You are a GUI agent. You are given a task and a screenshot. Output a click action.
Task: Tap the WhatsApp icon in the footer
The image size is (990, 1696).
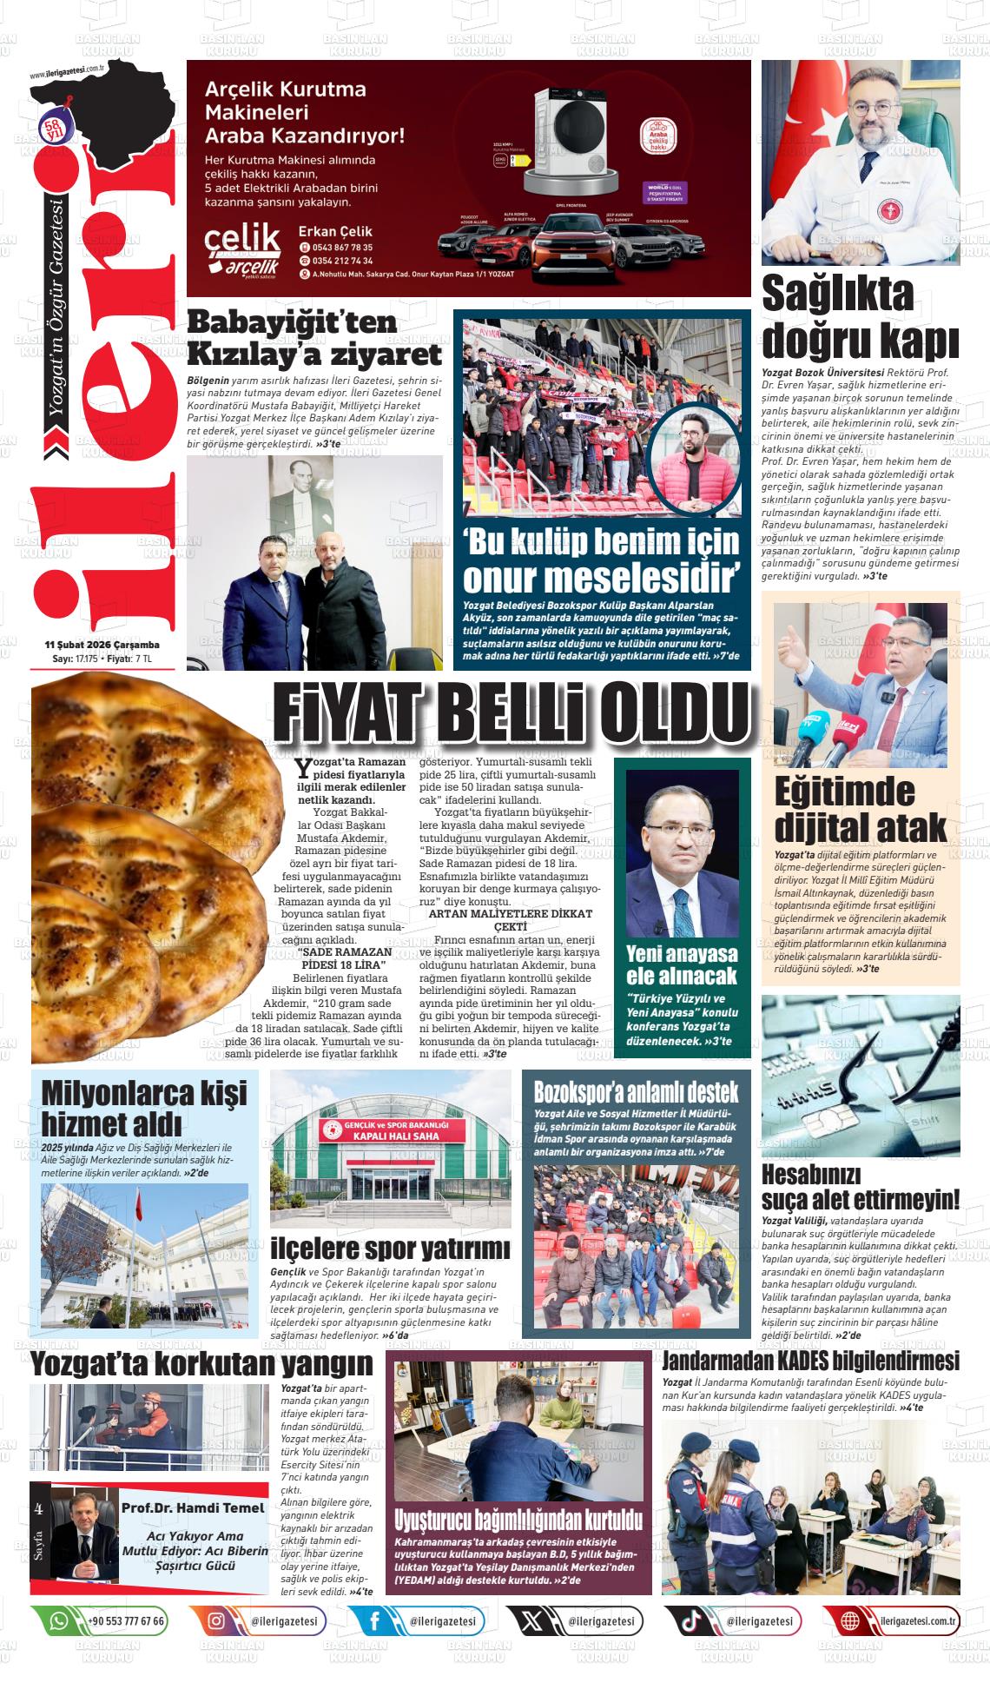point(59,1620)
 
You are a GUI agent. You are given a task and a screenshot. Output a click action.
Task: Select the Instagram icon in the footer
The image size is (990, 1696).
point(215,1620)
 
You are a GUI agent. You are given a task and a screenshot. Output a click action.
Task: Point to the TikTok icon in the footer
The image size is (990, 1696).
point(691,1620)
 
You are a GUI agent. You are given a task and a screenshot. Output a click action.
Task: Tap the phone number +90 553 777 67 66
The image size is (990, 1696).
point(127,1620)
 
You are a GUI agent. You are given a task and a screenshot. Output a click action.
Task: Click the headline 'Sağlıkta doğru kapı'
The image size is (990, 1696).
point(860,318)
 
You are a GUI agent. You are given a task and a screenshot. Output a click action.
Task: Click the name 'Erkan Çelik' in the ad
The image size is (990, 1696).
point(334,231)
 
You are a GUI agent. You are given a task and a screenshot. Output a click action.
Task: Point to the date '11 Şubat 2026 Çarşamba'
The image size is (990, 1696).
point(102,645)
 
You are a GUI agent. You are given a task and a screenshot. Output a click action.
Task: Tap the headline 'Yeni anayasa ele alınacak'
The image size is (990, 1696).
point(682,964)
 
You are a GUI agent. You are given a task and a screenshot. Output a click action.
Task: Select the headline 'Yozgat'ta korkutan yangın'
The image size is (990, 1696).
point(201,1364)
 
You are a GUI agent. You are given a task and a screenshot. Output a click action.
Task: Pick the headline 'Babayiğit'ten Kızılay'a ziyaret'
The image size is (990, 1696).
point(314,338)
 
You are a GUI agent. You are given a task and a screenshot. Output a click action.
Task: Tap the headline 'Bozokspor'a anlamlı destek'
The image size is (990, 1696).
point(636,1091)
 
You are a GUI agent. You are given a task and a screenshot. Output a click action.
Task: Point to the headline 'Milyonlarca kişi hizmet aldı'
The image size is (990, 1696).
point(143,1106)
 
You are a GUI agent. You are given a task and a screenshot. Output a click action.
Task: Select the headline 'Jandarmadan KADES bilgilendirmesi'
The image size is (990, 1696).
point(810,1360)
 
